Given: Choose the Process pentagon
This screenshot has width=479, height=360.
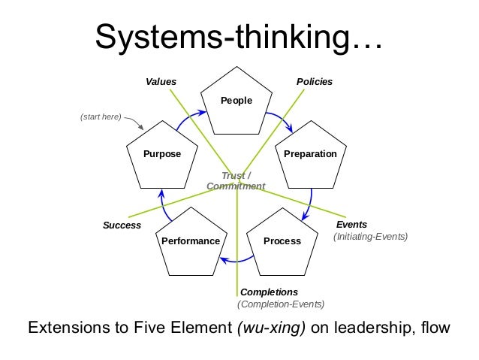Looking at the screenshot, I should (x=282, y=241).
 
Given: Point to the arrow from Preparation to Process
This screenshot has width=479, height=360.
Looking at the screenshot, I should (x=310, y=204).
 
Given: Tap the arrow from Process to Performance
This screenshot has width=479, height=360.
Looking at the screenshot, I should (x=236, y=260).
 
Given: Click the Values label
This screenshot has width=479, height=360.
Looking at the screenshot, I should (x=161, y=80).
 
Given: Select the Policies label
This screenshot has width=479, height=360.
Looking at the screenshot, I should (x=315, y=80).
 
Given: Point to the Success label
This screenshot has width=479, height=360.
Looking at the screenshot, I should (x=122, y=225).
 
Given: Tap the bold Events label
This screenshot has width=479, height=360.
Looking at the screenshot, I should (x=351, y=224).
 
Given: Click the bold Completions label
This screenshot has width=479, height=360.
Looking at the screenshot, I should (x=269, y=292).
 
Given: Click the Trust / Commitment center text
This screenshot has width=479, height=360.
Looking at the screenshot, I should (x=236, y=180).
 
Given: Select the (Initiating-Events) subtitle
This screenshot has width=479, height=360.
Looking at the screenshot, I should (x=370, y=237).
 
